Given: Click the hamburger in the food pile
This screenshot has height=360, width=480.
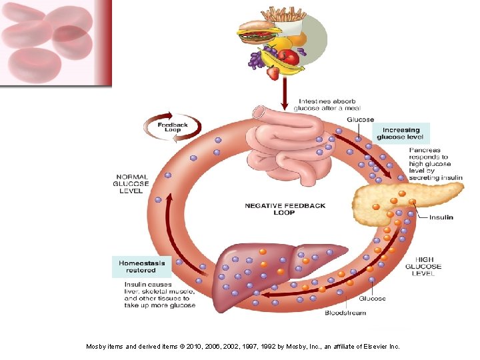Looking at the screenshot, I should coord(257,30).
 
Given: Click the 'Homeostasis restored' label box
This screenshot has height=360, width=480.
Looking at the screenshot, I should coord(142,267).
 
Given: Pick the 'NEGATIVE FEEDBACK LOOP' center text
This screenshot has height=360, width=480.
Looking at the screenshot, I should coord(285,209).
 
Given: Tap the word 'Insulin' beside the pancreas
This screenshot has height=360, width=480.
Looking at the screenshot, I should coord(441,217).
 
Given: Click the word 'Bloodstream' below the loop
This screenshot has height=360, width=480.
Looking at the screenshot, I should coord(345,313).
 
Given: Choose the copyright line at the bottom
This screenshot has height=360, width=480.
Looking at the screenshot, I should coord(243,347).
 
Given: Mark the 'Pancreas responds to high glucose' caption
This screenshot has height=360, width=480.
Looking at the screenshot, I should coord(435,164).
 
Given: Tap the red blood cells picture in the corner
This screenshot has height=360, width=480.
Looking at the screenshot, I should coord(56,43).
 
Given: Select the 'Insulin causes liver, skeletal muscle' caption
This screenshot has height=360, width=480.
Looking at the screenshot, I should coord(159,295).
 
